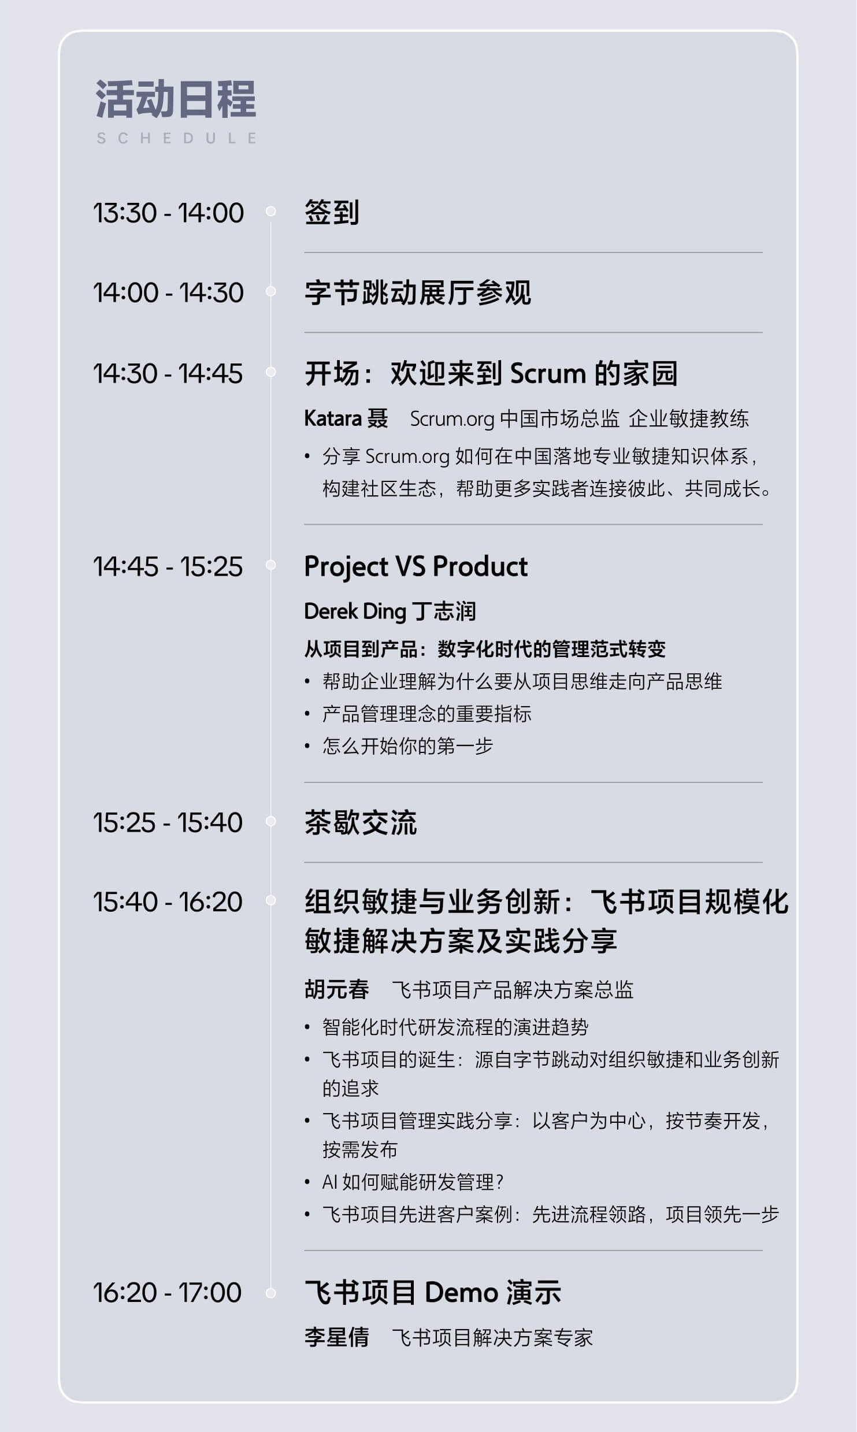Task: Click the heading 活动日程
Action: (176, 99)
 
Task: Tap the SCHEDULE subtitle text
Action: (177, 138)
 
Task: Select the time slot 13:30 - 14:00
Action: (169, 213)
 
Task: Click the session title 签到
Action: (332, 213)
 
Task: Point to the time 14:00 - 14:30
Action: (169, 292)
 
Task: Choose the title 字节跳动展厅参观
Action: (418, 292)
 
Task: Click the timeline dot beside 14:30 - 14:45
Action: (270, 372)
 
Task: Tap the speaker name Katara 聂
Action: (346, 418)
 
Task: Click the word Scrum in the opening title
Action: (548, 373)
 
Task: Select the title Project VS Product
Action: (416, 566)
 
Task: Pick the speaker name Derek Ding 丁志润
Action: (390, 611)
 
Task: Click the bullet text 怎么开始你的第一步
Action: (408, 746)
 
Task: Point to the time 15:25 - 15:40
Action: (168, 822)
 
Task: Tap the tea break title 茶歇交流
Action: (361, 822)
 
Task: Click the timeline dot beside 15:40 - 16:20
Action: (270, 900)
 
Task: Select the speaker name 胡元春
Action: (337, 989)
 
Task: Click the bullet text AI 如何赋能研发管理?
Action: (413, 1182)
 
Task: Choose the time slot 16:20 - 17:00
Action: (168, 1292)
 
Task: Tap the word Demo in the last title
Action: (461, 1292)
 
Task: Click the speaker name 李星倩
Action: (337, 1337)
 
